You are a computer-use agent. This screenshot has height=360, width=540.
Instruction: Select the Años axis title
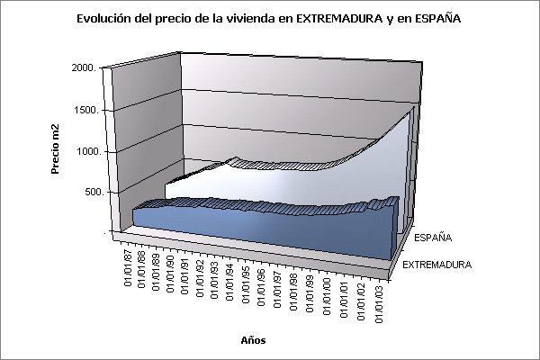point(253,339)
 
